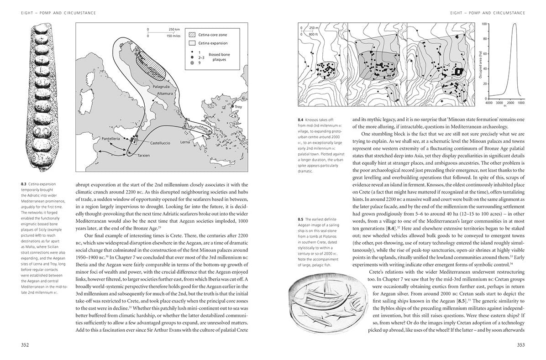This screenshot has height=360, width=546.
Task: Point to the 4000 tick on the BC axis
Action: click(489, 104)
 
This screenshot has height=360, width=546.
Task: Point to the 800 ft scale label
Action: click(313, 34)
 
